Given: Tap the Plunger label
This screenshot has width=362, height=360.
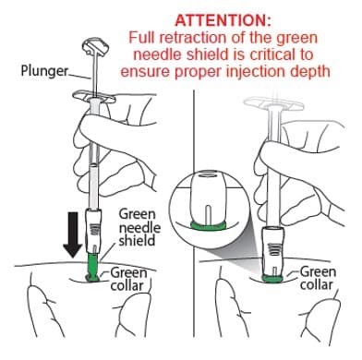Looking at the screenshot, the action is tap(44, 70).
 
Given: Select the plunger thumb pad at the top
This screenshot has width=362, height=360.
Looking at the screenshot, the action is tap(96, 46).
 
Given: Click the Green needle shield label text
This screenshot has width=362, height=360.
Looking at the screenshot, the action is tap(139, 227).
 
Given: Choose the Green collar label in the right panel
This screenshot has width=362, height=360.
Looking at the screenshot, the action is tap(318, 278).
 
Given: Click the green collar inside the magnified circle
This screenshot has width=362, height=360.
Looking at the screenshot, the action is tap(209, 225).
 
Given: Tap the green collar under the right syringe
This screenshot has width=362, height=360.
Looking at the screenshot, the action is tap(272, 279).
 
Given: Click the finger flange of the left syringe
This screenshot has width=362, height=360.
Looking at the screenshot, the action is tap(94, 97).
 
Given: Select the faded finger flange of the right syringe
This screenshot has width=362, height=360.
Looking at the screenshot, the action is tap(273, 103).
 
